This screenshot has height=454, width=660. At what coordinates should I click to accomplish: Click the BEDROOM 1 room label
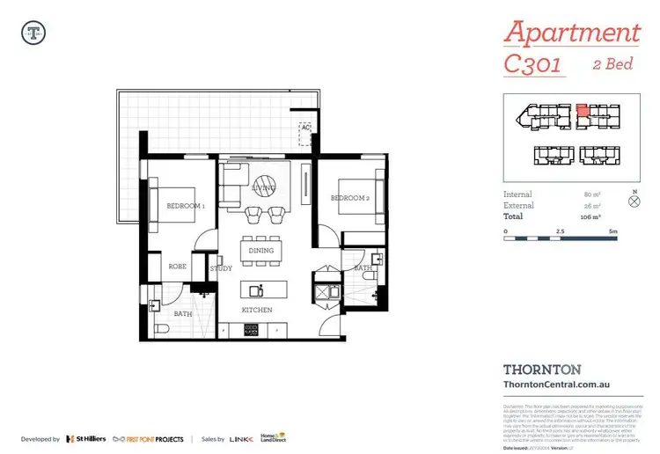[185, 207]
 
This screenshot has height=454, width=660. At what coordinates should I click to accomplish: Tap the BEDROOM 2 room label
[348, 198]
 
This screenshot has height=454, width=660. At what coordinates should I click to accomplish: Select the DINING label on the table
[261, 251]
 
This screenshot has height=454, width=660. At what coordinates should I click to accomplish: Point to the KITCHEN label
[257, 311]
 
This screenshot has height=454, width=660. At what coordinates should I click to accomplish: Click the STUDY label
[221, 268]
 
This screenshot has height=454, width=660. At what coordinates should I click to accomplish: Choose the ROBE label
[176, 264]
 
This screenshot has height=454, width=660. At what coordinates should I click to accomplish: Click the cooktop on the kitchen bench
[250, 330]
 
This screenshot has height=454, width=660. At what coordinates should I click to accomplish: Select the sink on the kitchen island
[256, 289]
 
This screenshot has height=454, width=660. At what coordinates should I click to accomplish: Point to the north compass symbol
[635, 201]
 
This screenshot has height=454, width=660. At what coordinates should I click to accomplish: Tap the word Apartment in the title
[571, 33]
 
